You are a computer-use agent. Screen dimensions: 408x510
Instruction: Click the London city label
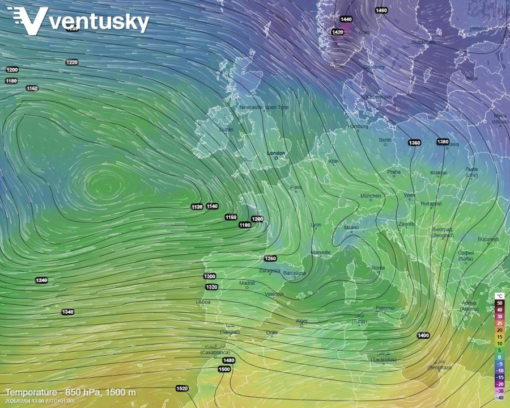click(276, 153)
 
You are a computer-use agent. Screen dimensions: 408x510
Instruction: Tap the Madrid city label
click(246, 283)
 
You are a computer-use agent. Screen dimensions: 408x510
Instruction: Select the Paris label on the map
click(296, 187)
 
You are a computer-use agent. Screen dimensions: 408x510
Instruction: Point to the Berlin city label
click(385, 140)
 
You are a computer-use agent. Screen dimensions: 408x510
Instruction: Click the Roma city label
click(377, 268)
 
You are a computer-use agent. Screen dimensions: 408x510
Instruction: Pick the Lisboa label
click(203, 302)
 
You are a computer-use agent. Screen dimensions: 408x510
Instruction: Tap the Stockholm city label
click(423, 41)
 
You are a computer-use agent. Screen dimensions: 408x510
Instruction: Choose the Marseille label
click(321, 253)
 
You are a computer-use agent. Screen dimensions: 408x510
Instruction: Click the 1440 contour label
click(346, 19)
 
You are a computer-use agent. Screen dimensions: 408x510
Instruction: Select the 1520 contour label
click(182, 389)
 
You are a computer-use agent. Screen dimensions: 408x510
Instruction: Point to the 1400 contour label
click(423, 336)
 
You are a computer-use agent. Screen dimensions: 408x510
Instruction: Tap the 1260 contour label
click(270, 259)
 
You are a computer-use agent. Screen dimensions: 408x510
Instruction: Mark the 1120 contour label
click(197, 207)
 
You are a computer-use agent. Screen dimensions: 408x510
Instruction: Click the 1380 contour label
click(443, 141)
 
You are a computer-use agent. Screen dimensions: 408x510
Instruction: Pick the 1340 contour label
click(68, 312)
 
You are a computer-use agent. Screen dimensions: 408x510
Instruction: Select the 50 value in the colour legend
click(499, 303)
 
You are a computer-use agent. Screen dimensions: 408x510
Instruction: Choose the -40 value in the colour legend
click(499, 398)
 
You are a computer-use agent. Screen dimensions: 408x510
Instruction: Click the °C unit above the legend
click(499, 296)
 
